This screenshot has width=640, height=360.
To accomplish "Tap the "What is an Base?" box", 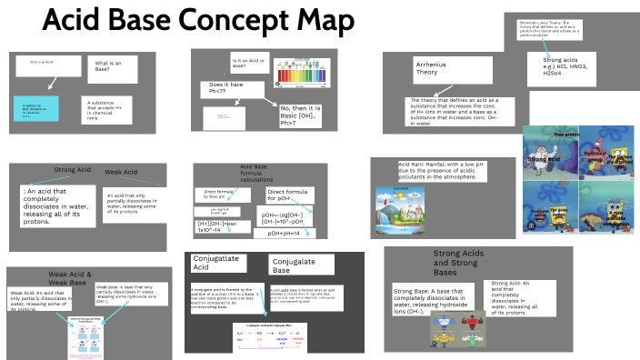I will pyautogui.click(x=110, y=67).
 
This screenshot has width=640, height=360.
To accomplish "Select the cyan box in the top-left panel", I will pyautogui.click(x=36, y=111).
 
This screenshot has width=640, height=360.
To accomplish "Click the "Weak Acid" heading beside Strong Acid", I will pyautogui.click(x=121, y=173).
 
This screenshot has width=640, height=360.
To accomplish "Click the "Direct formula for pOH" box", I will pyautogui.click(x=290, y=196).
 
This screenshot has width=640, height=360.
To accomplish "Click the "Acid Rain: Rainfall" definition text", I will pyautogui.click(x=435, y=170).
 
